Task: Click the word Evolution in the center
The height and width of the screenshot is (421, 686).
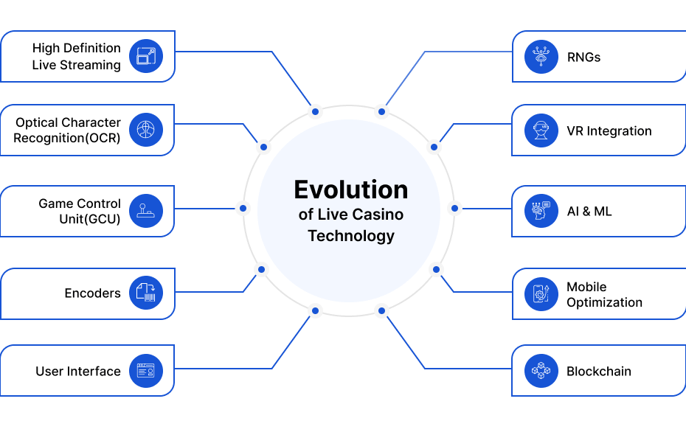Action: [351, 189]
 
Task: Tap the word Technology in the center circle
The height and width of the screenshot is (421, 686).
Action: [351, 236]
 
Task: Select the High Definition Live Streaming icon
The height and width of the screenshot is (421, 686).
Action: [146, 56]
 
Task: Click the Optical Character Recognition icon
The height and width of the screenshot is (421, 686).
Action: [146, 130]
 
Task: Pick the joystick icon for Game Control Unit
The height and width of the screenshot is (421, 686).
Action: [146, 211]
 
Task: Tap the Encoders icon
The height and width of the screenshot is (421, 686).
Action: [146, 293]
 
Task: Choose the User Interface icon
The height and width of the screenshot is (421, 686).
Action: [146, 371]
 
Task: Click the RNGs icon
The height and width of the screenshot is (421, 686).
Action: [541, 56]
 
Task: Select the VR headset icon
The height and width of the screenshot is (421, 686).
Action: [541, 131]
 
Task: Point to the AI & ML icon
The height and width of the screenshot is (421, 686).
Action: [541, 211]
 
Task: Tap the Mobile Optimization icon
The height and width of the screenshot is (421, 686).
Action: [541, 293]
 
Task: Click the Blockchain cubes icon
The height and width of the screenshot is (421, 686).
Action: [541, 371]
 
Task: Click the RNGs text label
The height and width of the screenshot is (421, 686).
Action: [583, 58]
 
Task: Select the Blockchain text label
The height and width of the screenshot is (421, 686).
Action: [599, 371]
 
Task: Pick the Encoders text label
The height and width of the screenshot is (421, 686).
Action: [93, 293]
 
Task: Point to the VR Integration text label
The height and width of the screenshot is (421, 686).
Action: [609, 131]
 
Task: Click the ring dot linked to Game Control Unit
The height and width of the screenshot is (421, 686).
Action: [243, 208]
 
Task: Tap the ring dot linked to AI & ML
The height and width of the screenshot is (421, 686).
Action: [454, 208]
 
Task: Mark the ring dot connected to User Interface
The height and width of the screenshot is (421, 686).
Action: [315, 311]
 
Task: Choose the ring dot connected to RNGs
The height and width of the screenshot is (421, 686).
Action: [381, 112]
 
